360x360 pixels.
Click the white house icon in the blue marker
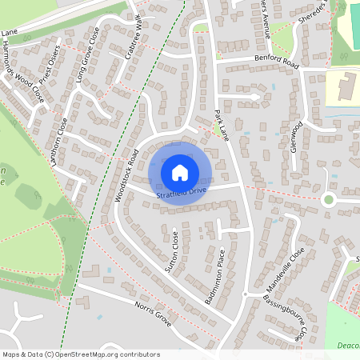point(179,172)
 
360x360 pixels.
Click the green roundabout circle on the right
point(327,199)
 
